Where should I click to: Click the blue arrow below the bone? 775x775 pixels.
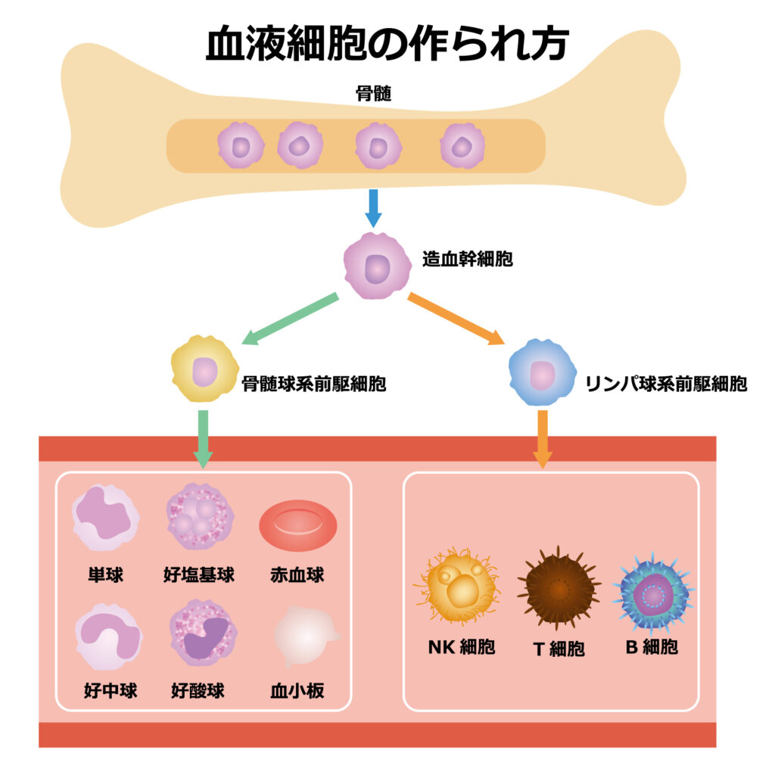click(373, 208)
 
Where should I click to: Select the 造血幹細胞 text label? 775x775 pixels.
click(467, 260)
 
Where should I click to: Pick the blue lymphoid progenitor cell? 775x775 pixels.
click(541, 372)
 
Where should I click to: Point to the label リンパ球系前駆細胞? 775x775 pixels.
click(666, 384)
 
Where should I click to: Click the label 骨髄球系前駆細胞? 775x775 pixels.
click(313, 384)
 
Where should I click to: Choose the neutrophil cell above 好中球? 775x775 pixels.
click(107, 636)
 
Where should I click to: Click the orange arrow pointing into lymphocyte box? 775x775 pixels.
click(543, 439)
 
